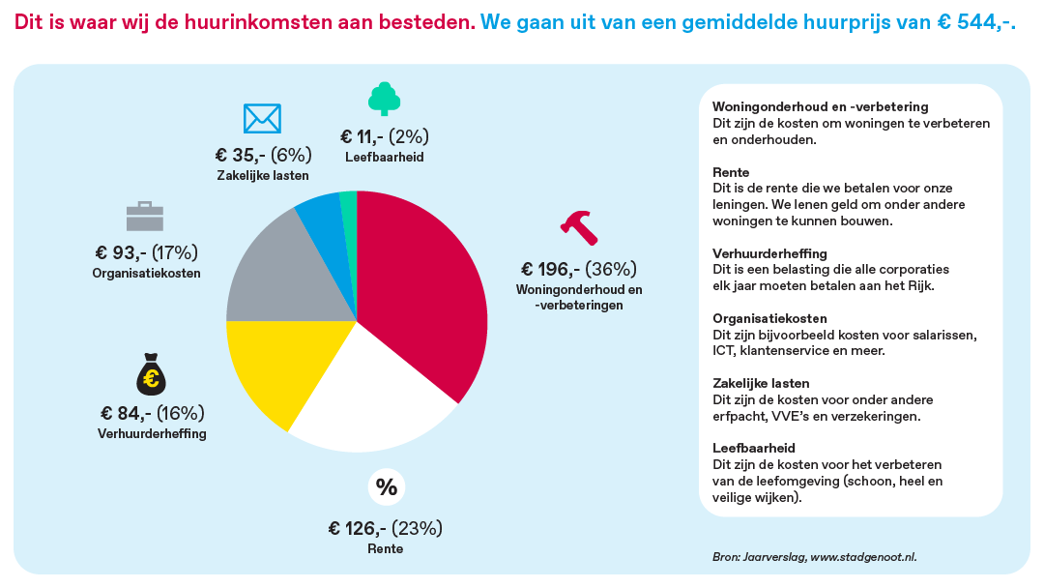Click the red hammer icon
tap(579, 227)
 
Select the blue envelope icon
tap(262, 118)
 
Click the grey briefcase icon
tap(145, 216)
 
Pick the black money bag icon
tap(152, 375)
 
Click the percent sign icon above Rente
tap(386, 487)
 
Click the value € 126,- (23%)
tap(385, 528)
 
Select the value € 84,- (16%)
tap(152, 413)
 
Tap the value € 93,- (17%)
tap(146, 252)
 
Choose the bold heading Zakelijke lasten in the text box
tap(761, 383)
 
